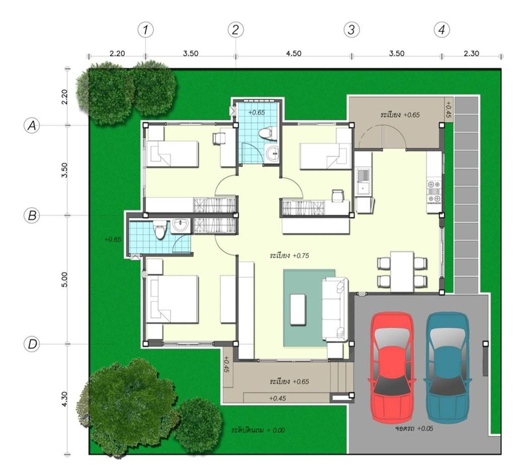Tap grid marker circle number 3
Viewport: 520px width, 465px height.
(351, 30)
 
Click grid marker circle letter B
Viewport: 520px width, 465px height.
(32, 215)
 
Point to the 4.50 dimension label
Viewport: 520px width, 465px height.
(294, 53)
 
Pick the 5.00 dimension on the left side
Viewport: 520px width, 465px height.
(65, 279)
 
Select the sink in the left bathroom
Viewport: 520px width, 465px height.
(180, 225)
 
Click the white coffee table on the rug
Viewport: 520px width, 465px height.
(298, 309)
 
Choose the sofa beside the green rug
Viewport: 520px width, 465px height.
(335, 309)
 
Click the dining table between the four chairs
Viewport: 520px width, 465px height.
(402, 272)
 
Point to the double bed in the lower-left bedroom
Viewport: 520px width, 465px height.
(172, 299)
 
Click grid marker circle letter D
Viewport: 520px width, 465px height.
(32, 344)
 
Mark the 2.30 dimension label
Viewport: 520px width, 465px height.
(471, 53)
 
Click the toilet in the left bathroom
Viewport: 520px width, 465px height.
(160, 230)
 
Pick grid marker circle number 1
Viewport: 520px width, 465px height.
(145, 30)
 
